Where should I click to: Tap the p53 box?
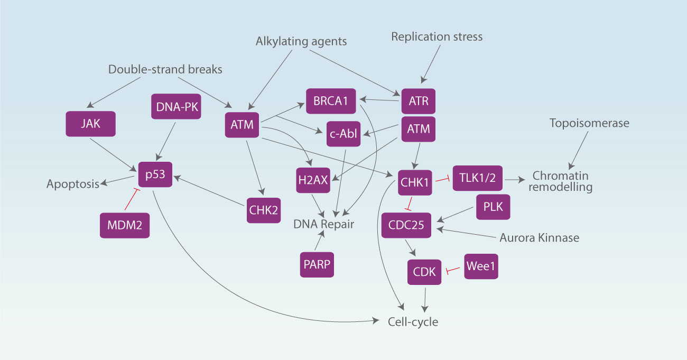(x=155, y=174)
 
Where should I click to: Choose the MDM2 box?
(x=124, y=225)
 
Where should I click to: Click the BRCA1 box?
(x=331, y=100)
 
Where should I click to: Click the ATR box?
(x=418, y=101)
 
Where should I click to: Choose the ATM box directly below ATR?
(x=418, y=129)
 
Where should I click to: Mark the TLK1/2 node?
(x=477, y=179)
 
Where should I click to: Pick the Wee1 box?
(x=481, y=266)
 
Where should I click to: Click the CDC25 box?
(x=406, y=226)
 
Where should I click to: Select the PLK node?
(x=493, y=207)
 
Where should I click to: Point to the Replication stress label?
(x=437, y=37)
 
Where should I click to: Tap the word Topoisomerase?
(x=589, y=123)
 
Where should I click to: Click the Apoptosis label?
(x=73, y=184)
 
